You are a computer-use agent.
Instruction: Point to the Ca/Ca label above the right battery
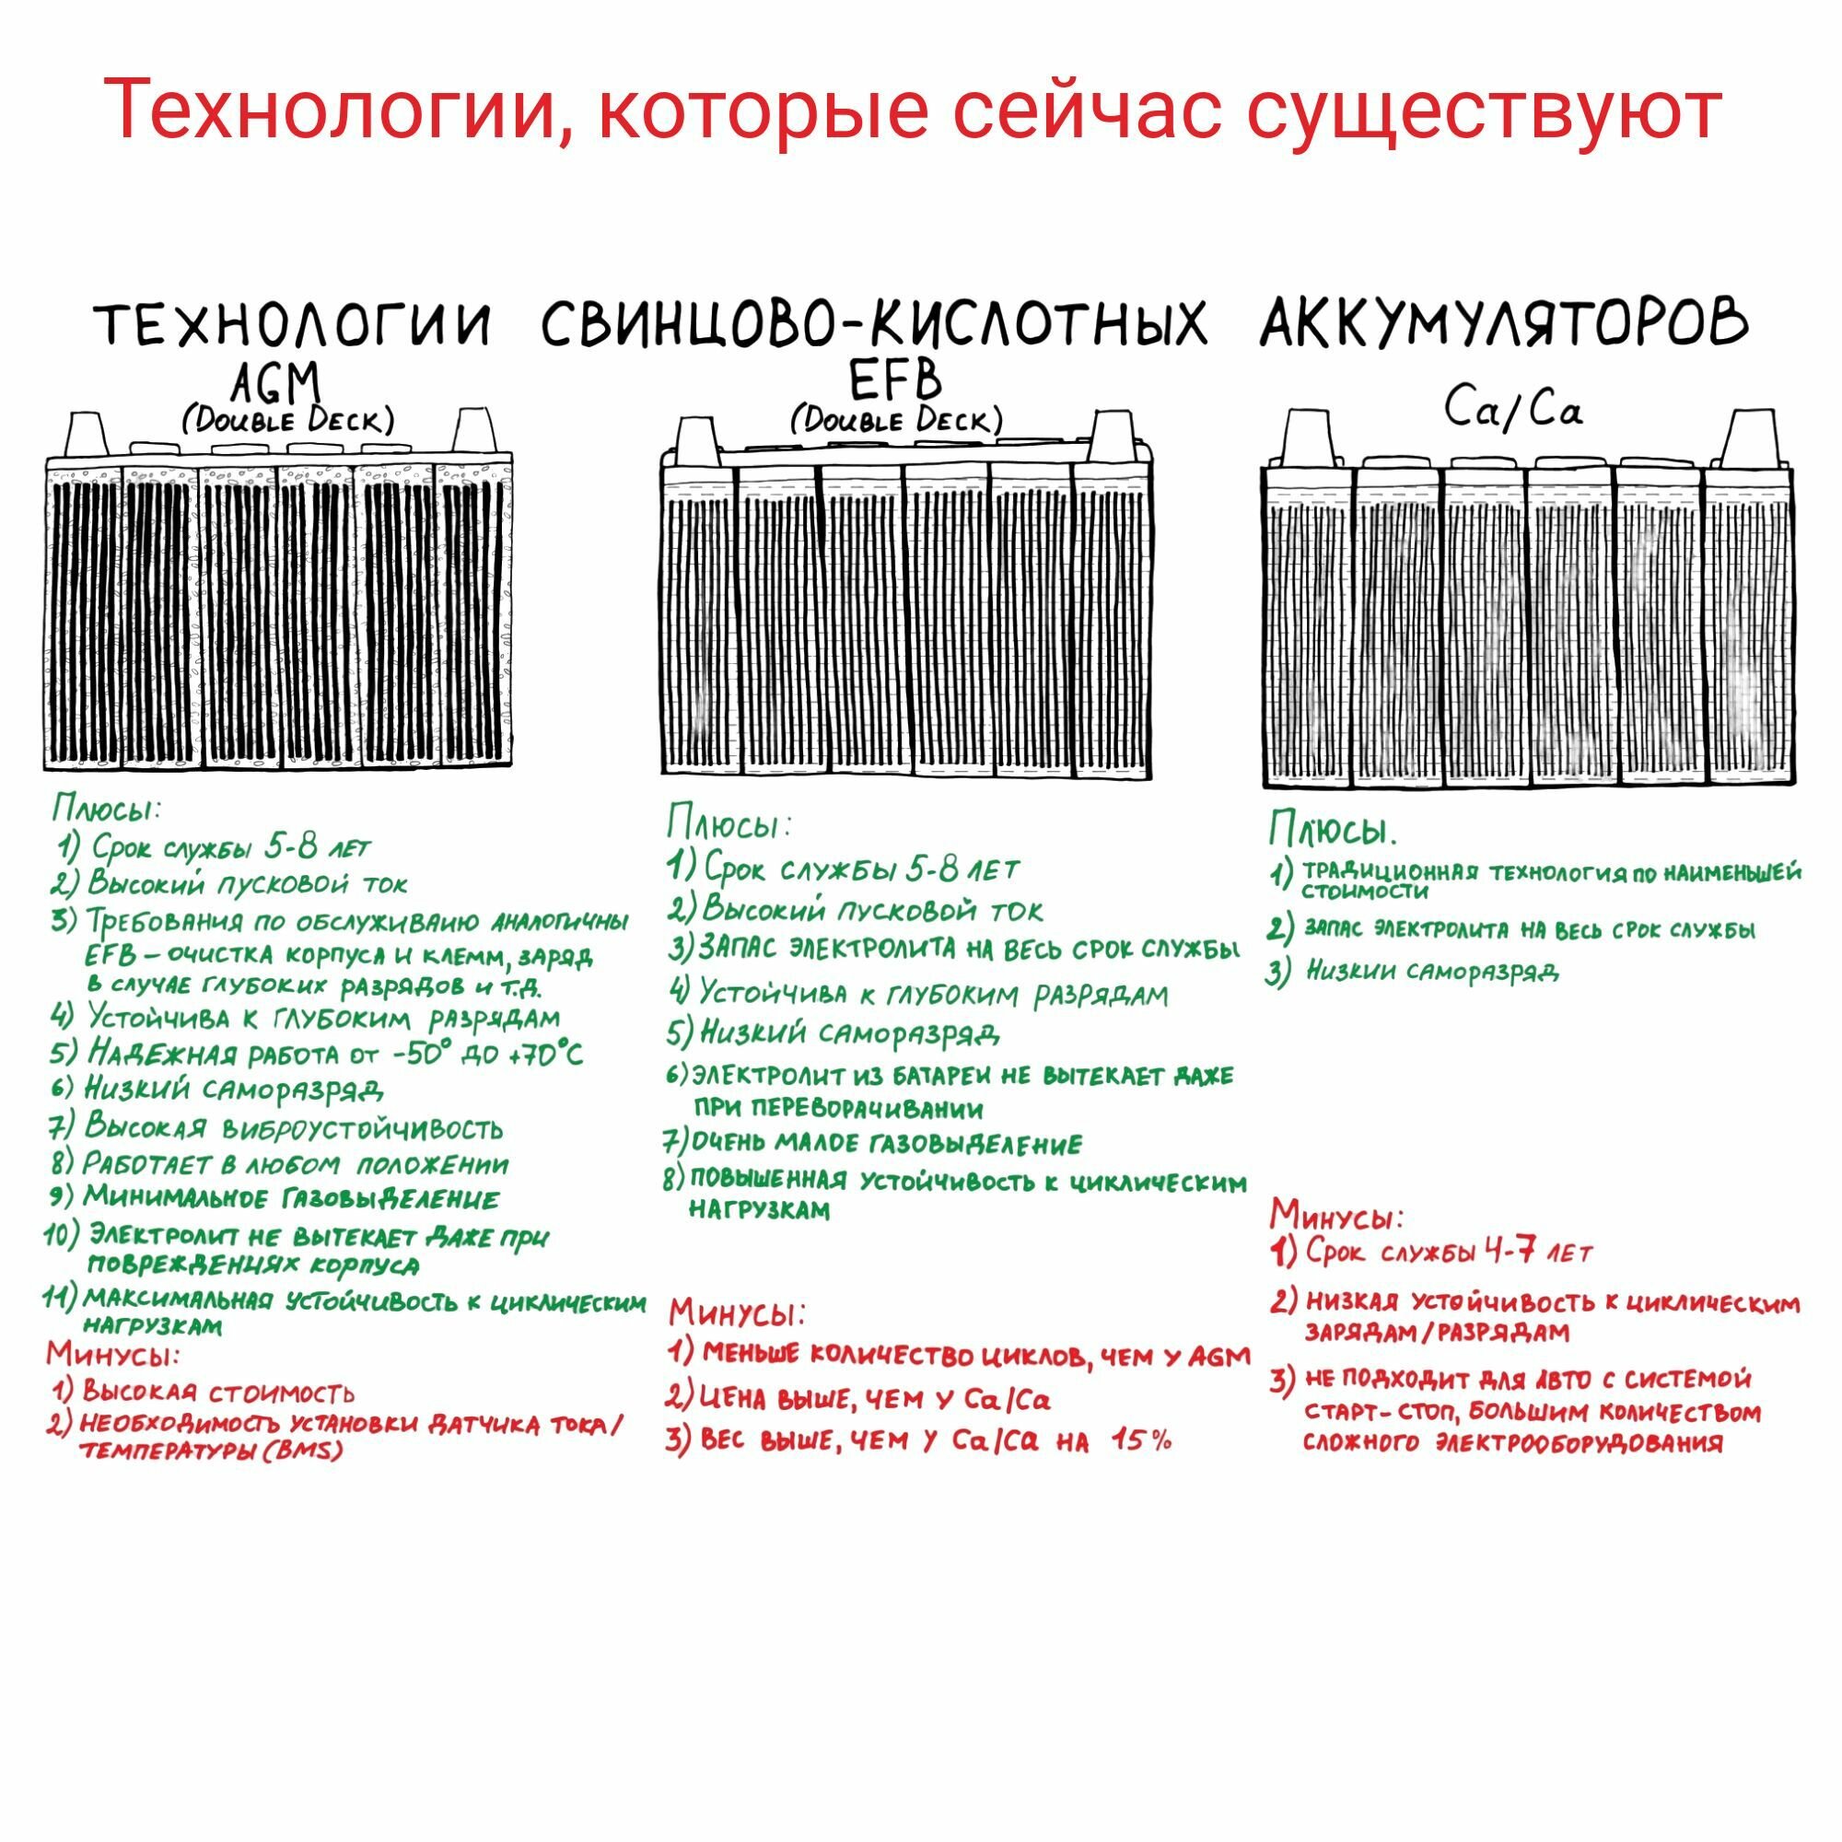click(1512, 410)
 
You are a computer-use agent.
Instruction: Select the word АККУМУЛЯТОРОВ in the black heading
click(1504, 324)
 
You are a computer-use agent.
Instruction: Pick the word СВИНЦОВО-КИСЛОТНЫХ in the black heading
click(874, 324)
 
